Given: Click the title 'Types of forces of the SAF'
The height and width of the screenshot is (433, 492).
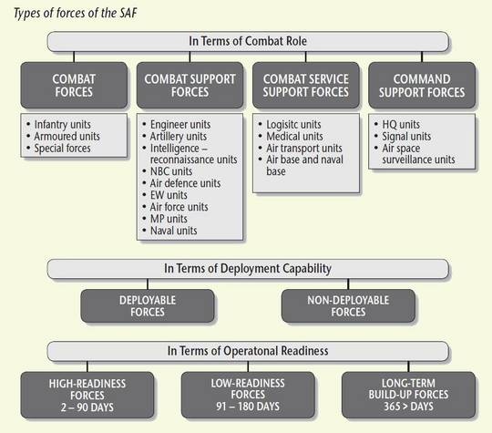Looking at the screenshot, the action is [x=76, y=14].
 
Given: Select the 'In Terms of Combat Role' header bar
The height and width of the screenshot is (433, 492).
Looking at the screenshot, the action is [x=248, y=41].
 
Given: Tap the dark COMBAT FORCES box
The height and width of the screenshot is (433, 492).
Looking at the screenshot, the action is [x=74, y=85].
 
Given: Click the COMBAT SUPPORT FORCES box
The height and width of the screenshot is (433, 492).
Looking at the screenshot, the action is [x=190, y=85].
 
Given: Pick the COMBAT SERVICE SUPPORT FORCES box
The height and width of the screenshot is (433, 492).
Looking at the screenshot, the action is [x=306, y=85].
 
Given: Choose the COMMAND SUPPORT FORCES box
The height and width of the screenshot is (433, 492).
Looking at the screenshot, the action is [x=422, y=85].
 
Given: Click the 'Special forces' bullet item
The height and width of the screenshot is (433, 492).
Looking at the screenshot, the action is [x=62, y=149].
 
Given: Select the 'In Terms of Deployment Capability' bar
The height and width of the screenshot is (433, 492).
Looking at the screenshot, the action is [x=248, y=269].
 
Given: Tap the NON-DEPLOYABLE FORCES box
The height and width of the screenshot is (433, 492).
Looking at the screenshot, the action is [x=348, y=305].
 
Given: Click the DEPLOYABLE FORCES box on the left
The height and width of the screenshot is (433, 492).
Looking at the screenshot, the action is [x=148, y=305].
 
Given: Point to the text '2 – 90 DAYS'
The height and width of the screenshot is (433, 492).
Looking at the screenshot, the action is [x=87, y=407].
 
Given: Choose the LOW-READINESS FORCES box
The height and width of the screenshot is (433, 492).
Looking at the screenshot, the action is [x=248, y=395].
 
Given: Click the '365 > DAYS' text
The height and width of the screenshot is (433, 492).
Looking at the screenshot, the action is [x=408, y=407].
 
